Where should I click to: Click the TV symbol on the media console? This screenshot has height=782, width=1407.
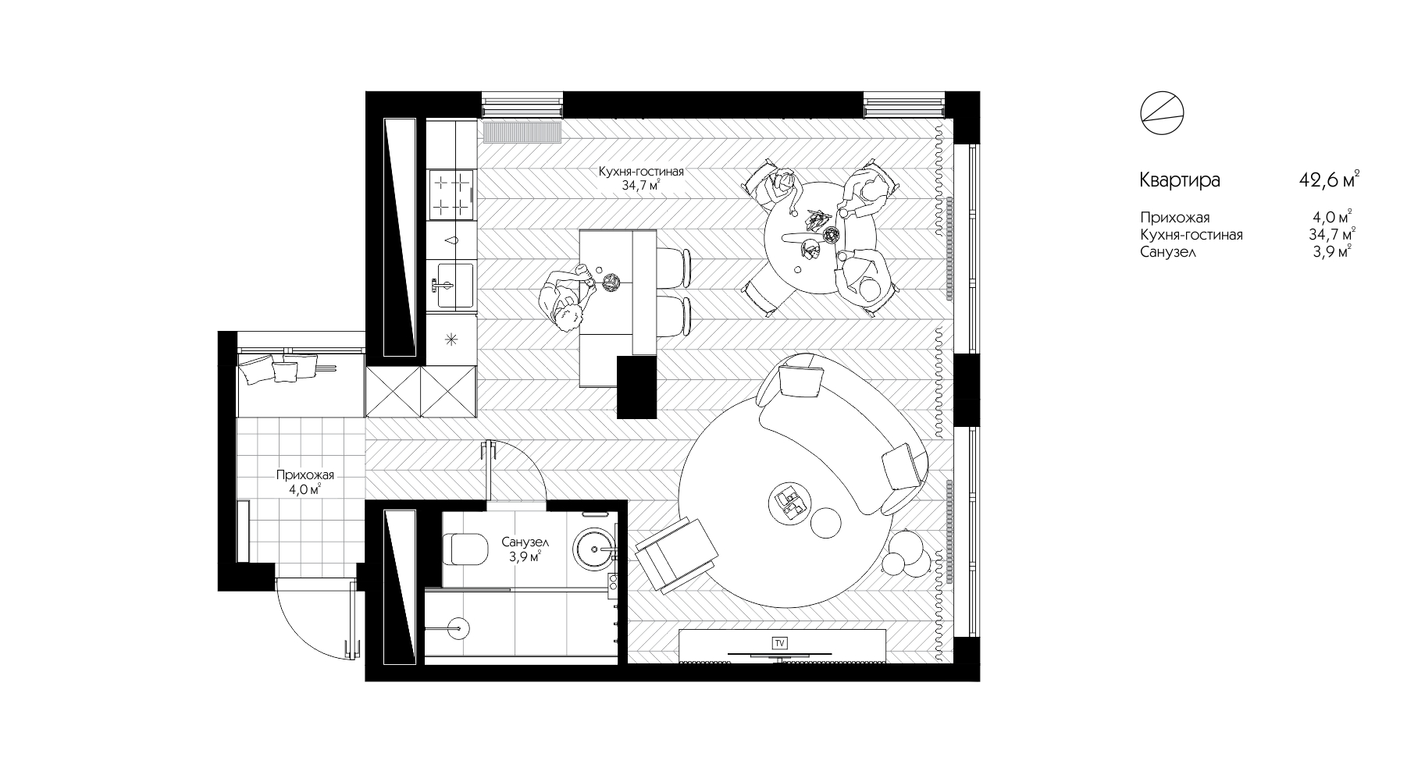[x=778, y=643]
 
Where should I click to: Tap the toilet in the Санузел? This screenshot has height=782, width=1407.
[x=466, y=548]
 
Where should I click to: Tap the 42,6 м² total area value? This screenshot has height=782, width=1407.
[x=1327, y=180]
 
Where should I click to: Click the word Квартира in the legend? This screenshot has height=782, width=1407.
[x=1180, y=181]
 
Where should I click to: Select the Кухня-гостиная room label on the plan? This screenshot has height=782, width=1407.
[x=641, y=172]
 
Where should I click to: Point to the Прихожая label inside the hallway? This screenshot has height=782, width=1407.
[x=305, y=475]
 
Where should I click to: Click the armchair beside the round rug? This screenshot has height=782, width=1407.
[x=676, y=555]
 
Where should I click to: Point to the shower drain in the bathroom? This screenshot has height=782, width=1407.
[x=460, y=625]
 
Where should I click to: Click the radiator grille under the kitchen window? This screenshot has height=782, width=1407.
[x=522, y=133]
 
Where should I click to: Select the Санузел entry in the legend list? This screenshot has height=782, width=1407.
[x=1168, y=252]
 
